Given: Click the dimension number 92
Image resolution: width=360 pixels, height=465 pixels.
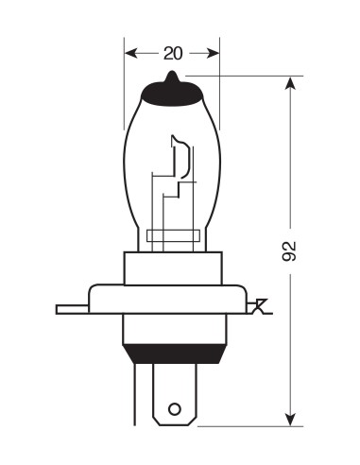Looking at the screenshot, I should click(289, 250).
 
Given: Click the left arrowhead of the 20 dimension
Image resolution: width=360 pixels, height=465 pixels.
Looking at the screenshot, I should click(129, 53).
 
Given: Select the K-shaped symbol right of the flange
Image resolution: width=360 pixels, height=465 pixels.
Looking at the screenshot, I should click(258, 305).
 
